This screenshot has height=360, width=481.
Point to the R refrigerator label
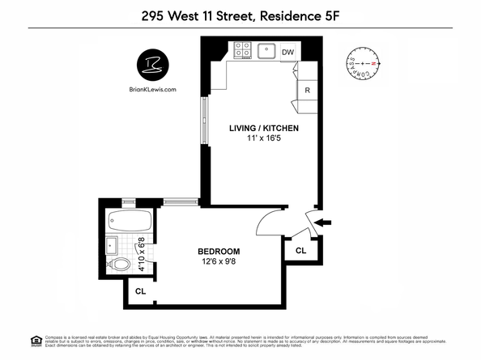[308, 90]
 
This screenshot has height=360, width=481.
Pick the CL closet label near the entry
[300, 251]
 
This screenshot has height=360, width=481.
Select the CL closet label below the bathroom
[140, 291]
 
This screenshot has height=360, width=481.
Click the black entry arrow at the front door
[323, 221]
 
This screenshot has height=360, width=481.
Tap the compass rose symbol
[363, 63]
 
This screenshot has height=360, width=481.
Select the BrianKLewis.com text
[151, 90]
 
